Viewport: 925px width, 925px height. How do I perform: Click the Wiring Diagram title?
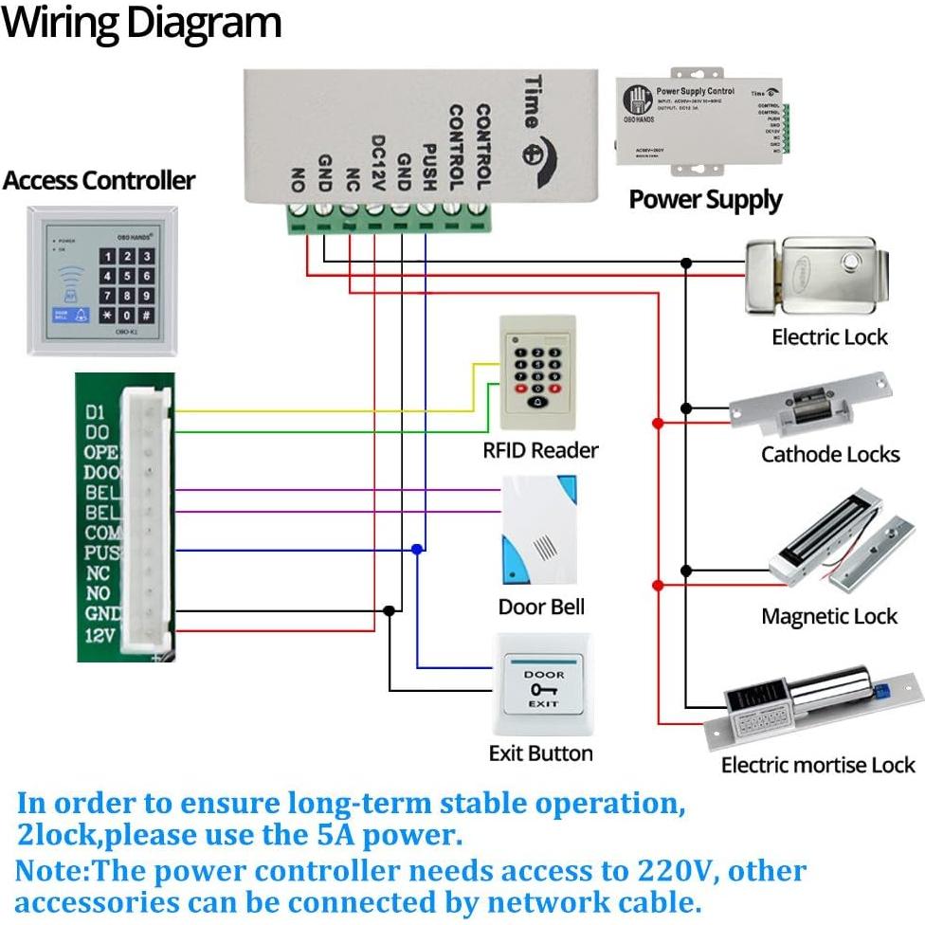coord(142,23)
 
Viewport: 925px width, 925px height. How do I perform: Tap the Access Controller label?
coord(99,180)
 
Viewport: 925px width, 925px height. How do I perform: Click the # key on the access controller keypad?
coord(147,315)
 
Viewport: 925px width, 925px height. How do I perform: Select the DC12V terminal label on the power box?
coord(377,160)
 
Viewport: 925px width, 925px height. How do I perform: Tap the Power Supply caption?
coord(705,199)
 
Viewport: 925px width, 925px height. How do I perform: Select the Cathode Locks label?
coord(829,454)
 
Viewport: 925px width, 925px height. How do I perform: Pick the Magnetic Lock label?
coord(828,616)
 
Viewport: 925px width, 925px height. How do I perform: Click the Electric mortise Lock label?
coord(818,765)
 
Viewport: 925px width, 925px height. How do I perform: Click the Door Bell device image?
coord(538,532)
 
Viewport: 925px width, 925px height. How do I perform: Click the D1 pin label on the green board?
coord(95,412)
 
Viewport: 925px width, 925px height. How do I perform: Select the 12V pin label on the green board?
coord(99,634)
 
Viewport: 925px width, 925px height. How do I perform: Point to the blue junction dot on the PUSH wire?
coord(417,550)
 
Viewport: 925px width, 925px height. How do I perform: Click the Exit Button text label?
coord(540,753)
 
